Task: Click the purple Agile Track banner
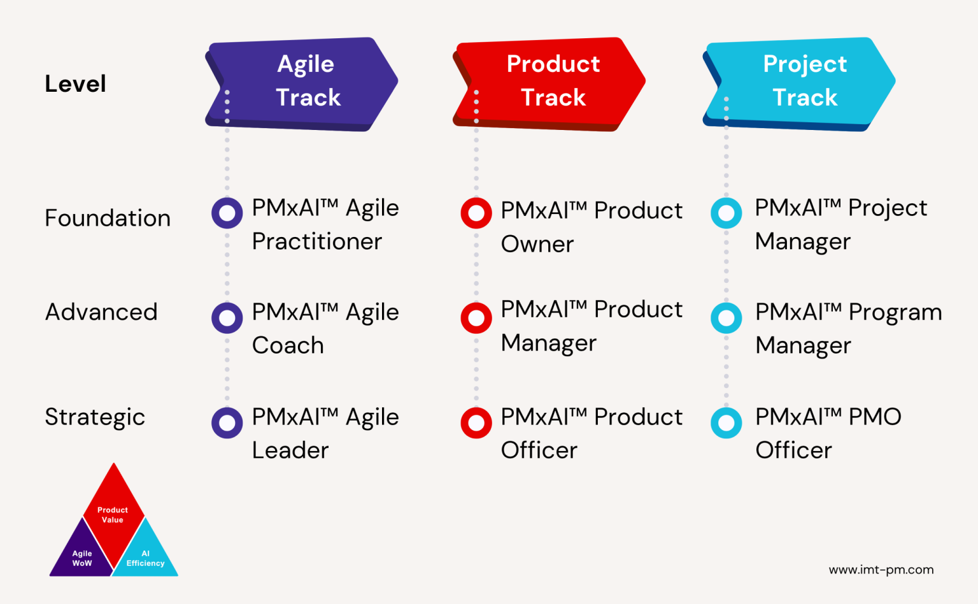point(302,83)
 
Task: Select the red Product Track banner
point(551,83)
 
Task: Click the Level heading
point(75,83)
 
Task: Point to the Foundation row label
point(108,218)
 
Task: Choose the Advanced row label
point(101,312)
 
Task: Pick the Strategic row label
point(95,417)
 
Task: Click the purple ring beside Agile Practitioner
point(227,213)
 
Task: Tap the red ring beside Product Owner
point(476,213)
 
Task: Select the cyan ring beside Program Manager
point(726,318)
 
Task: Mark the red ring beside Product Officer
point(476,422)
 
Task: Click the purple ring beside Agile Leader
point(227,422)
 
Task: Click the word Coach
point(288,345)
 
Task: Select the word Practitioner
point(317,241)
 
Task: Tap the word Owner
point(537,244)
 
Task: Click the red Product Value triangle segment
point(113,510)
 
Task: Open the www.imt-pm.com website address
point(881,570)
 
